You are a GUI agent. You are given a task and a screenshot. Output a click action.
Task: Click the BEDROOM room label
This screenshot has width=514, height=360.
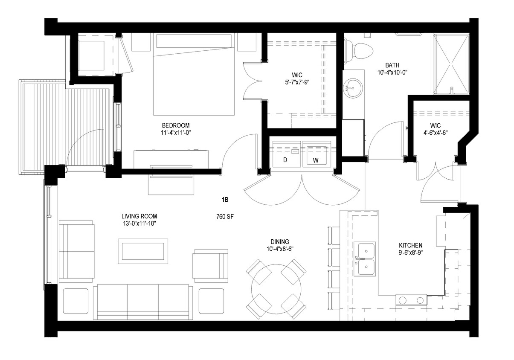point(175,125)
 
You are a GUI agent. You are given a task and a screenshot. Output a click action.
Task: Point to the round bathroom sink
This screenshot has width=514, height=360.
point(352,88)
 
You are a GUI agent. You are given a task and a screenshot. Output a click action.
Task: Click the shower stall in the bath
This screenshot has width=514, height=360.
point(451,64)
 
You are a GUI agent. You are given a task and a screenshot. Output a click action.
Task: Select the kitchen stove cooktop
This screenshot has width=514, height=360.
point(411,300)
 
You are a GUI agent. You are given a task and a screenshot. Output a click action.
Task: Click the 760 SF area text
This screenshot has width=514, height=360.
point(225,216)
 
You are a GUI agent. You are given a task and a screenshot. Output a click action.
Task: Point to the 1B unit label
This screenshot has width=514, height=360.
point(225,199)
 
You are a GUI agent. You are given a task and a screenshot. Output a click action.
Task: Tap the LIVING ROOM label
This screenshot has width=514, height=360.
point(137,216)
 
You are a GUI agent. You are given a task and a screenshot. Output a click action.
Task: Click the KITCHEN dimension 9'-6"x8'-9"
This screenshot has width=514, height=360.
point(410,253)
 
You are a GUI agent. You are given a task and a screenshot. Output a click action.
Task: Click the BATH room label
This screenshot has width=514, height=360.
point(392,65)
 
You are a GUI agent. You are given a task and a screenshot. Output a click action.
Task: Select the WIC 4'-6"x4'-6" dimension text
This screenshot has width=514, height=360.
point(435,132)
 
